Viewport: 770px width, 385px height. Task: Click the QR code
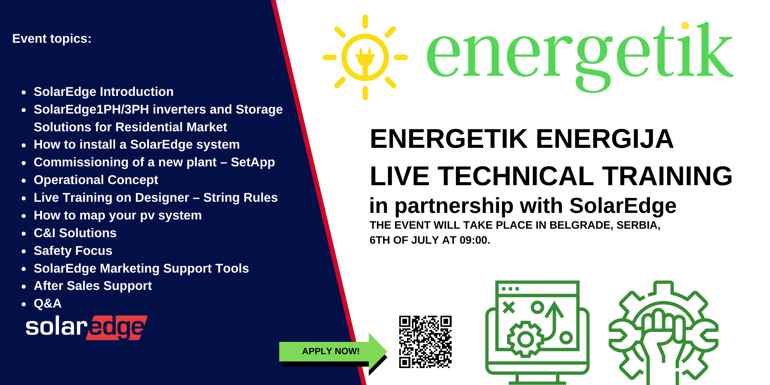(x=425, y=342)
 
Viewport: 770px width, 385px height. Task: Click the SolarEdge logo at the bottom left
(x=86, y=328)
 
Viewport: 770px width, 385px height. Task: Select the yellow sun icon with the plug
(x=365, y=57)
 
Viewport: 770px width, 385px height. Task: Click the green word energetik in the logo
(x=579, y=57)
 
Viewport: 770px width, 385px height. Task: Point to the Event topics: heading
(x=52, y=38)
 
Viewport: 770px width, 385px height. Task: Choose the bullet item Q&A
(x=48, y=303)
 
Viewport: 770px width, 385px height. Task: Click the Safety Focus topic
(x=73, y=251)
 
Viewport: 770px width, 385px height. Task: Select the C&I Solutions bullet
(x=75, y=233)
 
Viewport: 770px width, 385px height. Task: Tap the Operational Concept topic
(x=96, y=180)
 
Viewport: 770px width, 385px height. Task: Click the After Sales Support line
(x=93, y=286)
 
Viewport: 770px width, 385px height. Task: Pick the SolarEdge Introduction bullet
(x=104, y=92)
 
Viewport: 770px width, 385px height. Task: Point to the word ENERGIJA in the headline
(x=605, y=139)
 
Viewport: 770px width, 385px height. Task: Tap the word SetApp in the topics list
(x=253, y=162)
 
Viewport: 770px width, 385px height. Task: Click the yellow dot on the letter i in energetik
(x=685, y=26)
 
